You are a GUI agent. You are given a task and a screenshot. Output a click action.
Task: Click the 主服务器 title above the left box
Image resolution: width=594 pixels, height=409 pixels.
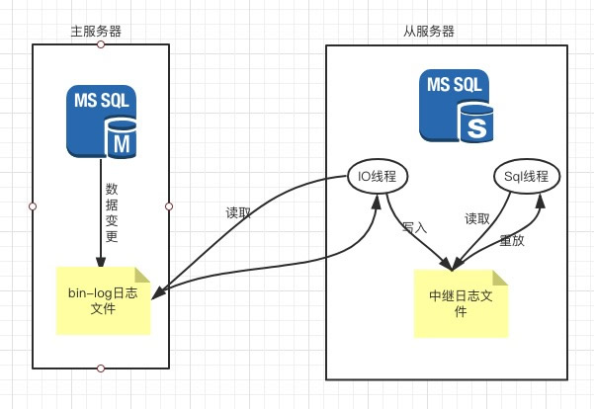[x=100, y=31]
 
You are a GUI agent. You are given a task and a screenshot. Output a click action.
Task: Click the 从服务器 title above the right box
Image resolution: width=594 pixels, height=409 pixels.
[x=430, y=31]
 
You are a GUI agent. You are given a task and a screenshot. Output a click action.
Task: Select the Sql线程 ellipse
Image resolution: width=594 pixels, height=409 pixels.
[x=526, y=177]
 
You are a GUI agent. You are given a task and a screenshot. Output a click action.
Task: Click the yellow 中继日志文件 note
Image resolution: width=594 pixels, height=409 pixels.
[x=460, y=302]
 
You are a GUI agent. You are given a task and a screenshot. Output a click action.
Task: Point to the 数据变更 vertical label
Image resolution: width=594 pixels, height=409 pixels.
[x=113, y=211]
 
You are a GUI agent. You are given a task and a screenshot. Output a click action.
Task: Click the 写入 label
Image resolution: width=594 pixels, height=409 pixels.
[x=413, y=226]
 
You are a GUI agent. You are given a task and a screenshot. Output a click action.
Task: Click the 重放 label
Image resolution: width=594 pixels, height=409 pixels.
[x=512, y=240]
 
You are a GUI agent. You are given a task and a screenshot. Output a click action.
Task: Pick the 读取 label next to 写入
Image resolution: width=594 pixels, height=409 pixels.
[x=476, y=219]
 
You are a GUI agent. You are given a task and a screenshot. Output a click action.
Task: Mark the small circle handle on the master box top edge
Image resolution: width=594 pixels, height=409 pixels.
[x=100, y=44]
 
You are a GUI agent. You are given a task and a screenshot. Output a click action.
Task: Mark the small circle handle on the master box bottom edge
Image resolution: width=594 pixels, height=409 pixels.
[x=100, y=368]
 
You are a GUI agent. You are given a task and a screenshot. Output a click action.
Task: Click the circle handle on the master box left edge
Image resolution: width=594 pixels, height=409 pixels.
[x=33, y=205]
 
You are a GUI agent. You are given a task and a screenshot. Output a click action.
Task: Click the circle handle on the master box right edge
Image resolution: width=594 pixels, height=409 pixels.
[x=168, y=205]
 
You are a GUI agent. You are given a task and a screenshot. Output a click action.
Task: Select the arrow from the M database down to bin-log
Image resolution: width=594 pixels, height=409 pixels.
[x=99, y=217]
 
